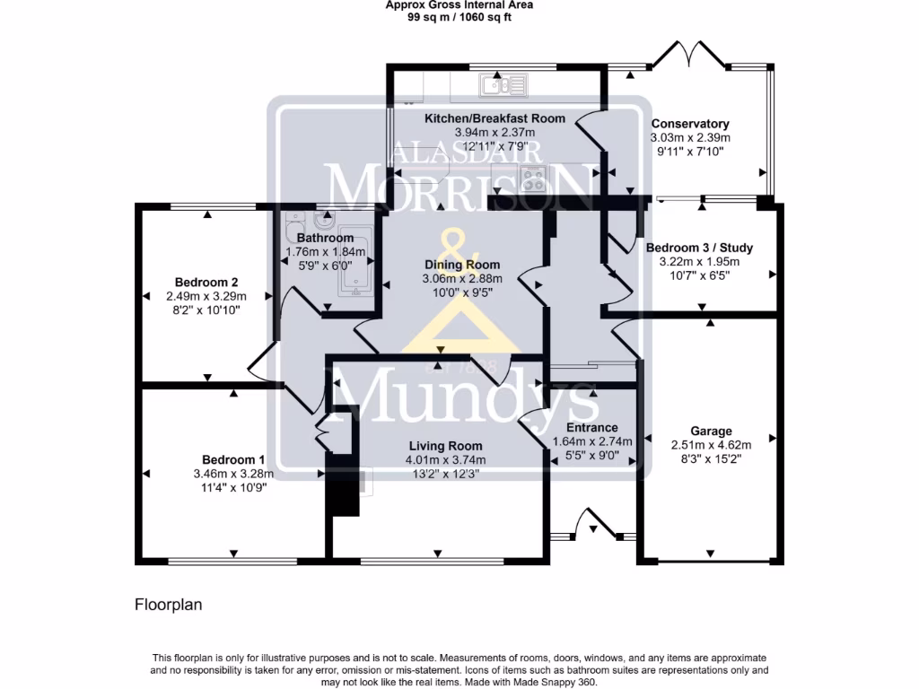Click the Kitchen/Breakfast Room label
495,118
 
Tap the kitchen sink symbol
503,85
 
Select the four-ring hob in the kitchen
534,179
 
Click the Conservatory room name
690,124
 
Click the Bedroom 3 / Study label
699,248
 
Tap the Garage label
711,431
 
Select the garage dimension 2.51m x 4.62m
711,444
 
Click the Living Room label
445,446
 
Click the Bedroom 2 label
206,282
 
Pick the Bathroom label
325,238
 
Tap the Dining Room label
461,265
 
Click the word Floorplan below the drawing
168,605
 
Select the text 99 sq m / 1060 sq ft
459,17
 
